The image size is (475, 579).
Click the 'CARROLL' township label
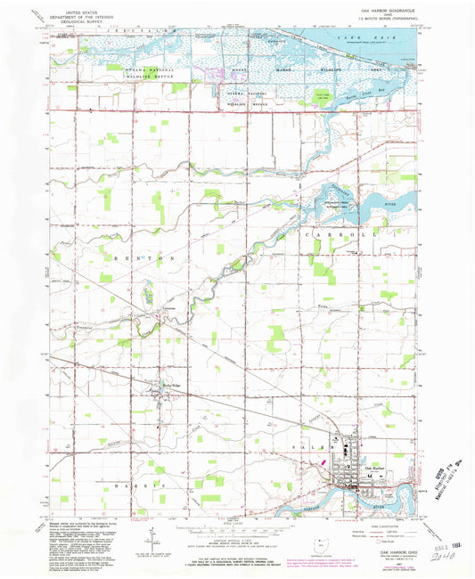[x=339, y=233]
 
